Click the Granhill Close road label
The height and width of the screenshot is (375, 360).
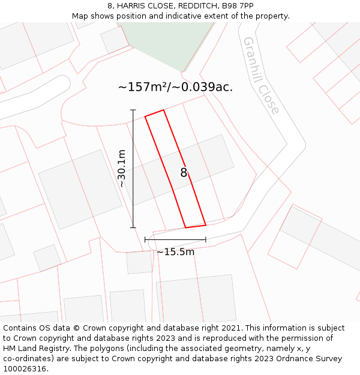(x=261, y=76)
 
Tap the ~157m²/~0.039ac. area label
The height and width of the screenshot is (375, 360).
(x=175, y=87)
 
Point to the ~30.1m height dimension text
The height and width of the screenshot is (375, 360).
(x=122, y=169)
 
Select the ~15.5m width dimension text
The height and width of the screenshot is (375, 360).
(x=175, y=252)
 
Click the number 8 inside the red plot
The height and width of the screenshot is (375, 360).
(x=184, y=173)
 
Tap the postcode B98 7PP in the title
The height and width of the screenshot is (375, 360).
(x=238, y=5)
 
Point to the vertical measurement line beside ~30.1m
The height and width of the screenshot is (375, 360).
(x=133, y=169)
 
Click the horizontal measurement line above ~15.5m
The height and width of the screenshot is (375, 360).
(x=175, y=239)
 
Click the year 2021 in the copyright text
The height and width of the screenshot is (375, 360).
(x=231, y=328)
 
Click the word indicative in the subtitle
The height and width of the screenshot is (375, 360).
(x=202, y=16)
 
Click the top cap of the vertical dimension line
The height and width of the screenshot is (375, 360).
(x=133, y=110)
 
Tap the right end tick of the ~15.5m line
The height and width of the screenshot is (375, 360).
(x=206, y=239)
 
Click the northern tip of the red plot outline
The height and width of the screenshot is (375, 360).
(x=163, y=110)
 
